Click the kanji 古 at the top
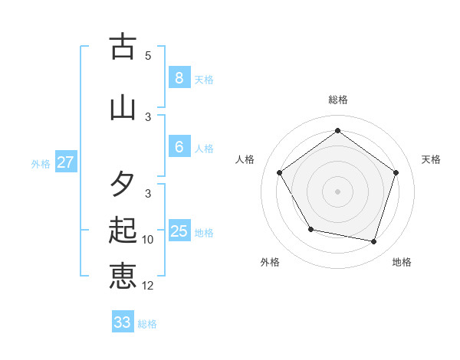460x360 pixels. pyautogui.click(x=123, y=47)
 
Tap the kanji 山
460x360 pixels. pyautogui.click(x=123, y=107)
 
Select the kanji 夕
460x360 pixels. pyautogui.click(x=123, y=185)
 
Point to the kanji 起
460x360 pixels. pyautogui.click(x=123, y=230)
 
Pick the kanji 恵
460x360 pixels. pyautogui.click(x=123, y=276)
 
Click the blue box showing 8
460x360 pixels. pyautogui.click(x=179, y=78)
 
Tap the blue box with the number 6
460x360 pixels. pyautogui.click(x=179, y=147)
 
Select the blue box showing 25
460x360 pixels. pyautogui.click(x=179, y=231)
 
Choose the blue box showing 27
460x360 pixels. pyautogui.click(x=66, y=162)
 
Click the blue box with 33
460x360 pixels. pyautogui.click(x=123, y=322)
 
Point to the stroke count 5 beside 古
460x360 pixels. pyautogui.click(x=148, y=56)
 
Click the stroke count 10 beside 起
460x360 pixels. pyautogui.click(x=148, y=240)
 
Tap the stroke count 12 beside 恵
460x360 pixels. pyautogui.click(x=148, y=286)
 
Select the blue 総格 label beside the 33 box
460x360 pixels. pyautogui.click(x=147, y=324)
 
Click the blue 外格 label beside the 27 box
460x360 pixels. pyautogui.click(x=41, y=163)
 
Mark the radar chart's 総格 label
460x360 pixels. pyautogui.click(x=337, y=100)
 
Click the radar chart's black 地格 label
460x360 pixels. pyautogui.click(x=402, y=262)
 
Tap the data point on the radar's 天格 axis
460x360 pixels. pyautogui.click(x=396, y=172)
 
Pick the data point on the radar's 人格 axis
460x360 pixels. pyautogui.click(x=280, y=172)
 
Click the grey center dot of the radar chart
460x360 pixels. pyautogui.click(x=337, y=191)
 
